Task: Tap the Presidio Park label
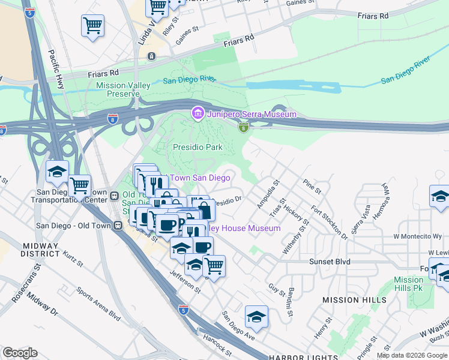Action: point(197,147)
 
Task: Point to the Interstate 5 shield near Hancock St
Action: point(184,310)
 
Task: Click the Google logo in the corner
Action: point(20,353)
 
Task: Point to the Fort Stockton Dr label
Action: point(329,223)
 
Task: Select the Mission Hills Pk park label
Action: point(409,284)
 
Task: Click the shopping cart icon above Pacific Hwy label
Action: point(93,26)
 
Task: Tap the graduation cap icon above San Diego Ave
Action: point(256,317)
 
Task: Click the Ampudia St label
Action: point(268,195)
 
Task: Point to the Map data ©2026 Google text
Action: point(411,355)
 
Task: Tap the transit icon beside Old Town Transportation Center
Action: point(113,196)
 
